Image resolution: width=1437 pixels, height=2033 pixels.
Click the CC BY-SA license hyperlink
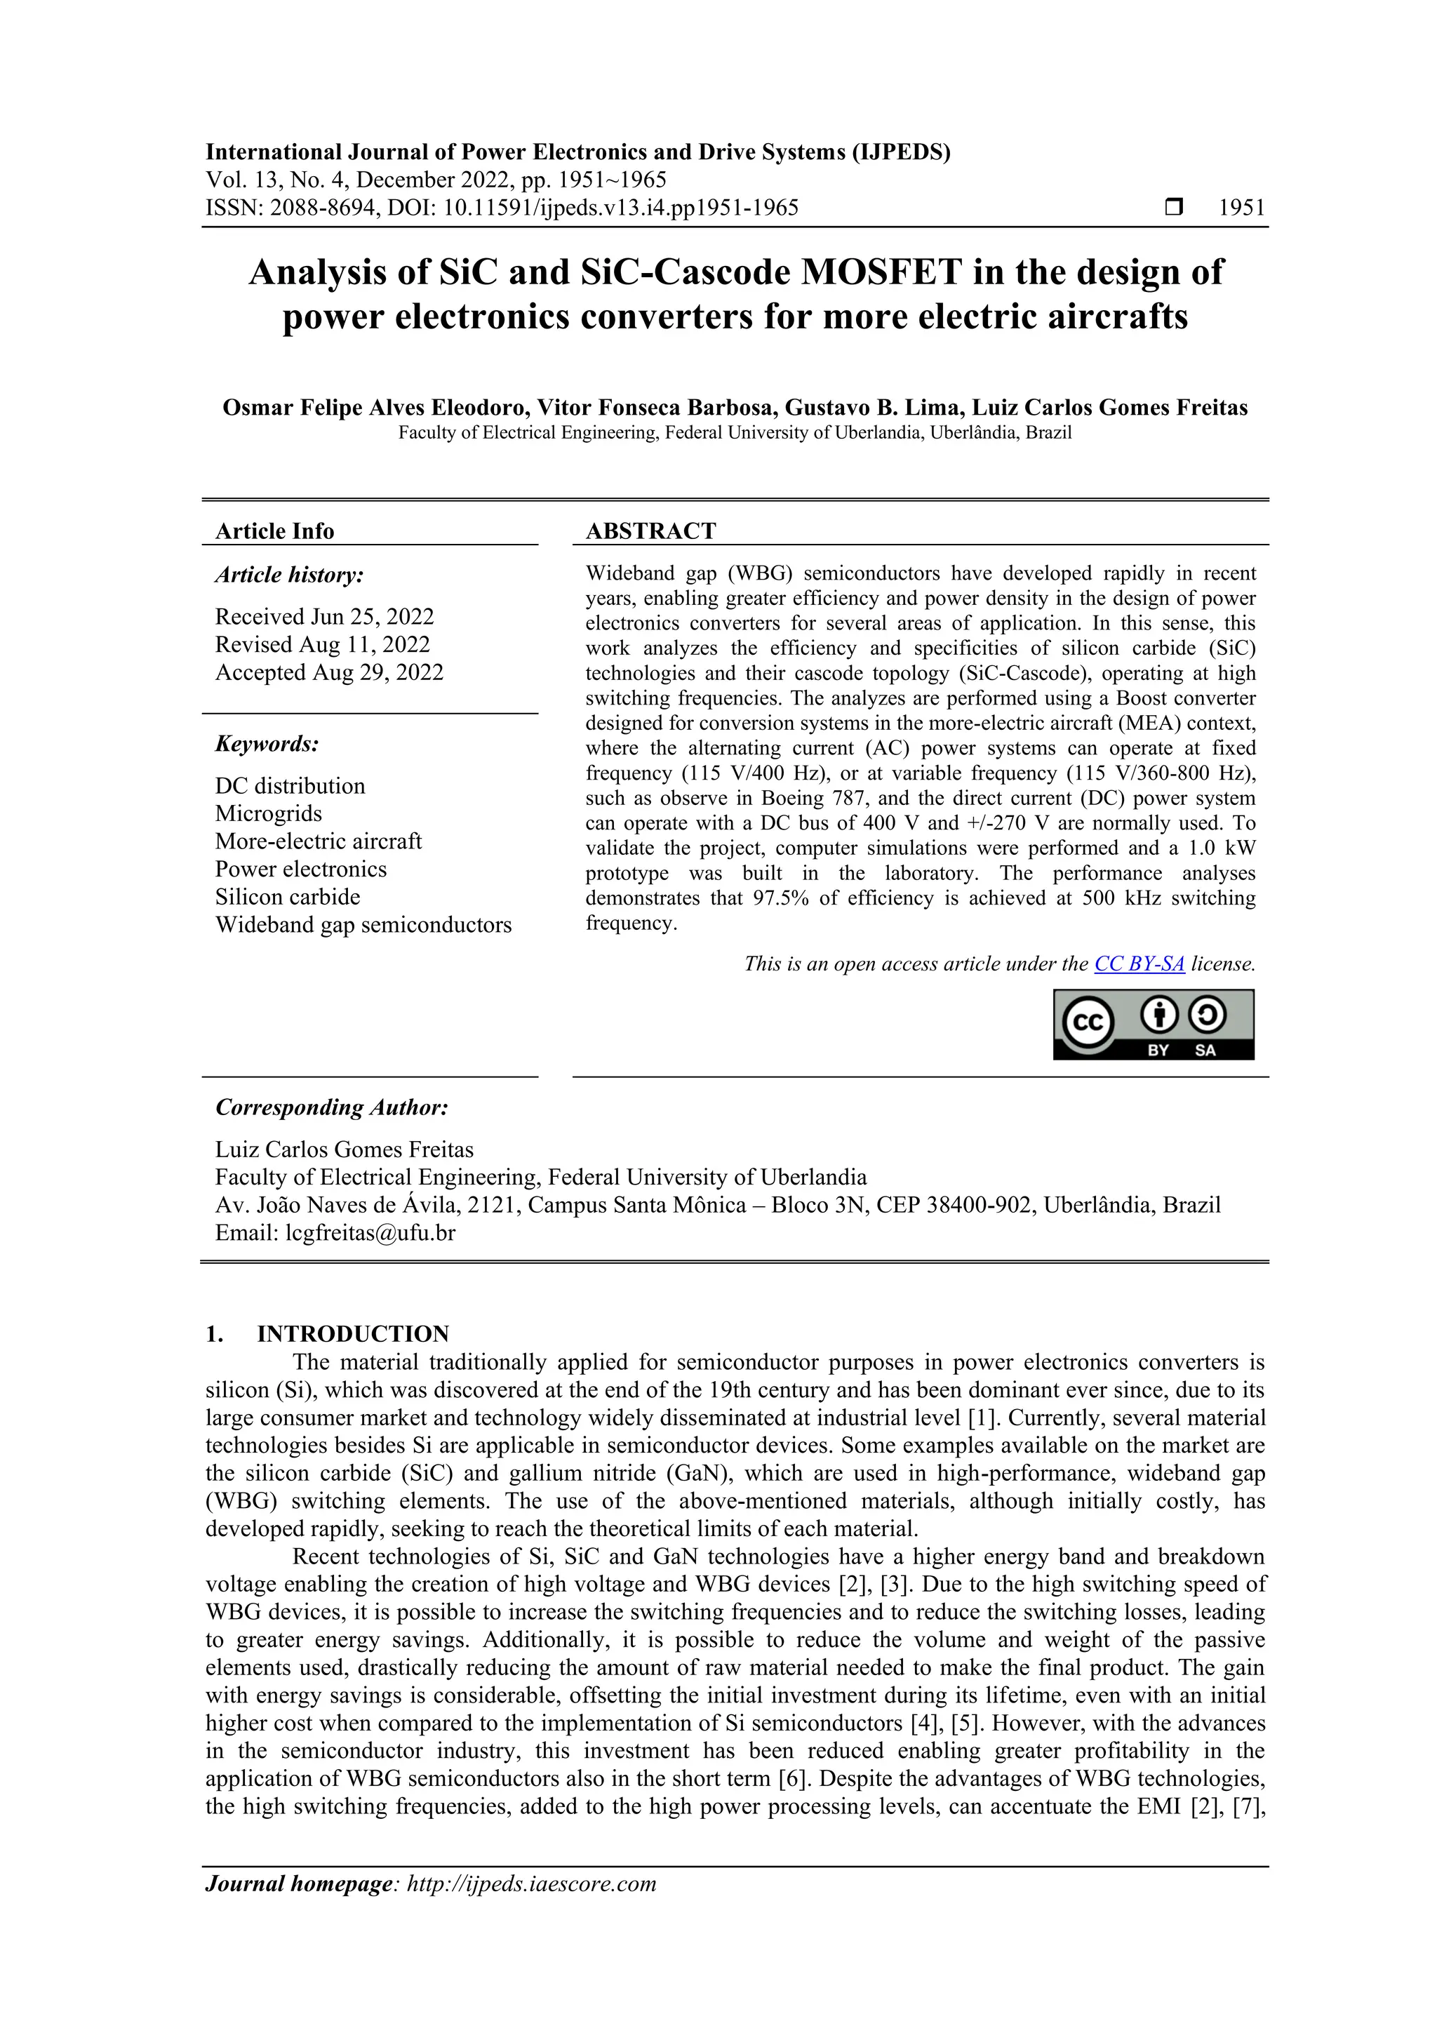(1139, 964)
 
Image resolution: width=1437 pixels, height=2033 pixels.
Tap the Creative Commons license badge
(1153, 1025)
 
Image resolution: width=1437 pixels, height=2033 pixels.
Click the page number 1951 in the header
(1241, 208)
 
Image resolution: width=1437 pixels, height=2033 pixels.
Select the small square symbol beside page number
(1173, 208)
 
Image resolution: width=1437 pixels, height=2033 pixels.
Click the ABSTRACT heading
(650, 531)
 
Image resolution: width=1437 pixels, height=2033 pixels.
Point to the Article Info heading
(274, 531)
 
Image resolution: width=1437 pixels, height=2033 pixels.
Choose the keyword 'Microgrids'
(268, 814)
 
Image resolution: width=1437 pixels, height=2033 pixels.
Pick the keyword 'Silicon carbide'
(288, 897)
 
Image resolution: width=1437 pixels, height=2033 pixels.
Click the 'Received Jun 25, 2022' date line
(324, 616)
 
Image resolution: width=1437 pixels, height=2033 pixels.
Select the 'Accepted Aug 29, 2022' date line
(328, 672)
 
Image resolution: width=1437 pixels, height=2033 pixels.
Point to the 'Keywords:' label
(267, 744)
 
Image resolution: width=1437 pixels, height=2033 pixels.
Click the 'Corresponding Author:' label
(332, 1107)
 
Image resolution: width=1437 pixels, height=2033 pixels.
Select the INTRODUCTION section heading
(352, 1334)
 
